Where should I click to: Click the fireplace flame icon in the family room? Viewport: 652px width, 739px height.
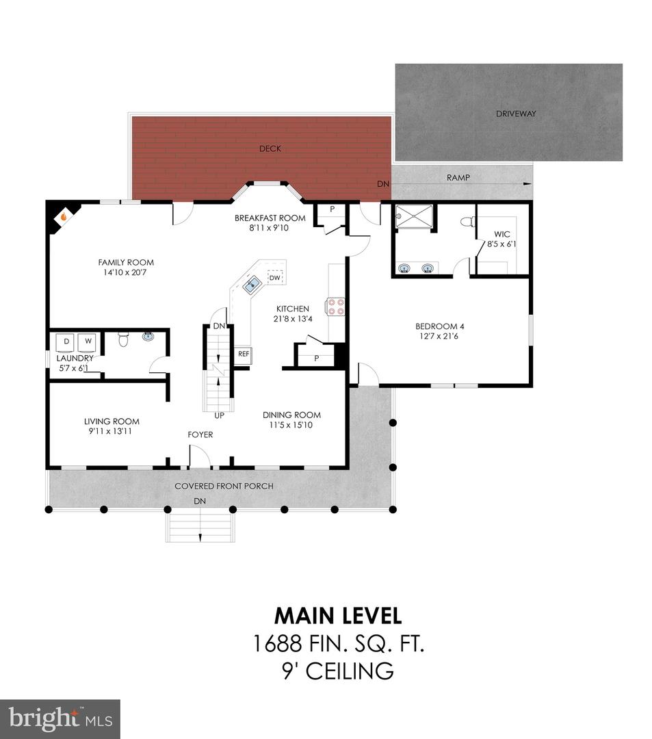click(x=63, y=217)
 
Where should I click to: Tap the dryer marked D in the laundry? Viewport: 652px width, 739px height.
click(x=66, y=343)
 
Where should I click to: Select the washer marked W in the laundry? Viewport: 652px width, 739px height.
click(x=88, y=343)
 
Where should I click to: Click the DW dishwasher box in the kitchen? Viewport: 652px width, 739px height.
click(x=274, y=278)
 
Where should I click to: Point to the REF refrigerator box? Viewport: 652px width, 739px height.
click(x=244, y=354)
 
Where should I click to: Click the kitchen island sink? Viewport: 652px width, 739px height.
click(x=252, y=284)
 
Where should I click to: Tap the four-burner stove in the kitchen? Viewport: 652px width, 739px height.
click(x=335, y=307)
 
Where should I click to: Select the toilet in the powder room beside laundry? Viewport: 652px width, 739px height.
click(x=123, y=339)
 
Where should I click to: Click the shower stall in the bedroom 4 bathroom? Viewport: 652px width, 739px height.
click(x=414, y=217)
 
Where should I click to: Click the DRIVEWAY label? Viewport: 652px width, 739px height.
click(x=516, y=114)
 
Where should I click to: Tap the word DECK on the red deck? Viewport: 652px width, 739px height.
click(x=270, y=148)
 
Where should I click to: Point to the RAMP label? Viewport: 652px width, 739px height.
click(x=458, y=178)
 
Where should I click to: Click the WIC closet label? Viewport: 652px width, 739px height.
click(x=501, y=234)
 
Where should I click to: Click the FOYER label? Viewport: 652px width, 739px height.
click(x=200, y=435)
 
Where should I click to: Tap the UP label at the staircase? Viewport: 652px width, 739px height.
click(x=219, y=416)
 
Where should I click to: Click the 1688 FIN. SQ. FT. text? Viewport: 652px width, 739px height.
click(x=339, y=643)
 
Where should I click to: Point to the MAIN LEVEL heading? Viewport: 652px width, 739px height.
click(x=338, y=616)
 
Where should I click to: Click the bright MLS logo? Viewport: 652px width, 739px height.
click(x=60, y=719)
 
